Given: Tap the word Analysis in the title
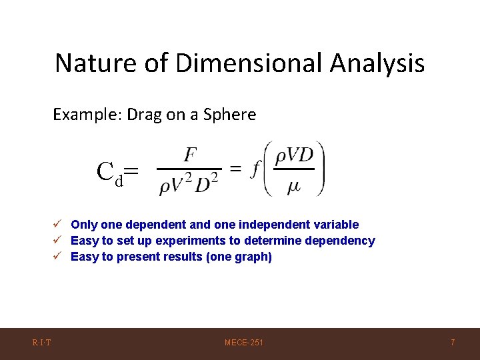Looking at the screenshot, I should point(377,63).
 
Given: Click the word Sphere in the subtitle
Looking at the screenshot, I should point(232,115).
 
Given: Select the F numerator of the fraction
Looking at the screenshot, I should point(190,155).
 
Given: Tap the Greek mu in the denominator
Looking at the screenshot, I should point(293,187).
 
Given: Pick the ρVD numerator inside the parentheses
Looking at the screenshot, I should point(294,155).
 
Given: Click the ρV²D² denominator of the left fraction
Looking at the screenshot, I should point(189,184).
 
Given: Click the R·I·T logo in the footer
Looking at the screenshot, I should point(42,343).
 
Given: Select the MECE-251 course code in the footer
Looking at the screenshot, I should point(244,343).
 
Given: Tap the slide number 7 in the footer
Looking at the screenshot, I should point(453,343).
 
